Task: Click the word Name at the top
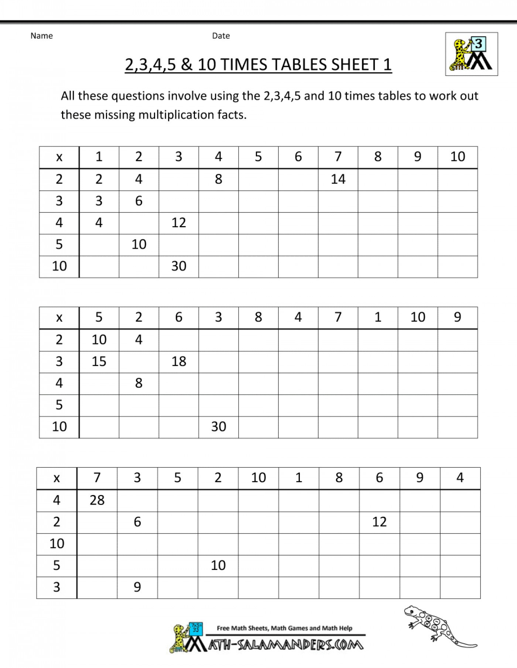pos(41,36)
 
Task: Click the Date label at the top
pos(221,36)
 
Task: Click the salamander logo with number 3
pos(471,54)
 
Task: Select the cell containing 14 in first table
pos(338,179)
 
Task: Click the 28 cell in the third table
pos(97,500)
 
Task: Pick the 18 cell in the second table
pos(179,361)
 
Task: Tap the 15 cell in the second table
pos(99,361)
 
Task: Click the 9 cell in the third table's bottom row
pos(137,587)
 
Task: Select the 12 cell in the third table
pos(379,522)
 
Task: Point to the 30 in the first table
pos(179,266)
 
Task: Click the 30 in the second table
pos(219,427)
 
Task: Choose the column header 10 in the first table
pos(458,157)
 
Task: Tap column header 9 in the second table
pos(458,317)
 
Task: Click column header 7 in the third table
pos(97,478)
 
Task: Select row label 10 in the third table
pos(57,544)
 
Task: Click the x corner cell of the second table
pos(59,318)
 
